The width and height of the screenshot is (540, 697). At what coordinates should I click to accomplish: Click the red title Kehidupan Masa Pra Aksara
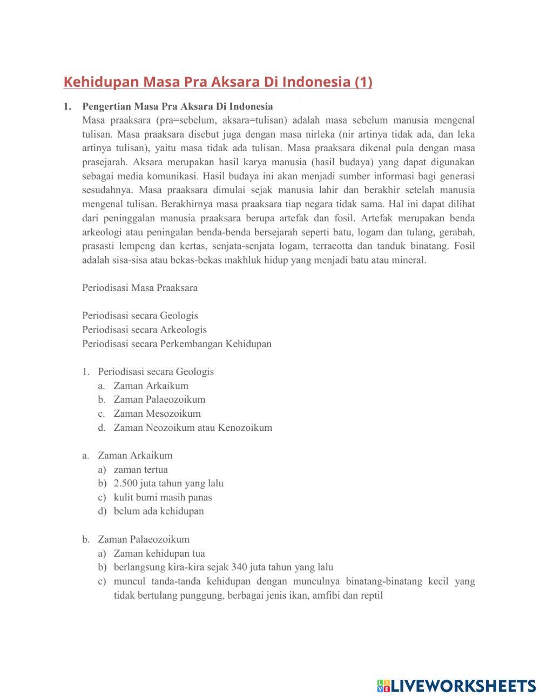(x=205, y=82)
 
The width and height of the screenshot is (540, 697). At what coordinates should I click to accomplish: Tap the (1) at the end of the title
(x=363, y=82)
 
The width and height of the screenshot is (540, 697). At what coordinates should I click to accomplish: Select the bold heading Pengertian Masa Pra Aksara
(x=177, y=106)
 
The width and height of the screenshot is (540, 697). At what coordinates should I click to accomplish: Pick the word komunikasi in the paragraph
(x=172, y=176)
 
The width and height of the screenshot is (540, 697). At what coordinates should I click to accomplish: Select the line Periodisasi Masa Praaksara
(x=139, y=288)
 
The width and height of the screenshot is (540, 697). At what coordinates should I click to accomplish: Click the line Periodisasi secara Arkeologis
(x=144, y=330)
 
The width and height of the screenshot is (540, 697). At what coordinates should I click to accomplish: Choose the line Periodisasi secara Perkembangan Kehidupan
(x=177, y=344)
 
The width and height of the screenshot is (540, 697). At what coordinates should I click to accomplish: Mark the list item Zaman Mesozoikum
(x=157, y=414)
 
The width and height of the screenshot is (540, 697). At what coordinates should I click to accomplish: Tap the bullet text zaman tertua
(x=140, y=470)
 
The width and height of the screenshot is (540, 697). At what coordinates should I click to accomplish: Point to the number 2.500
(x=125, y=484)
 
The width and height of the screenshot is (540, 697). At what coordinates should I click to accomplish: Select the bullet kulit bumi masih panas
(x=163, y=498)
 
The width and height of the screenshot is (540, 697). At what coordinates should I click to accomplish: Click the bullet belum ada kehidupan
(x=158, y=511)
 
